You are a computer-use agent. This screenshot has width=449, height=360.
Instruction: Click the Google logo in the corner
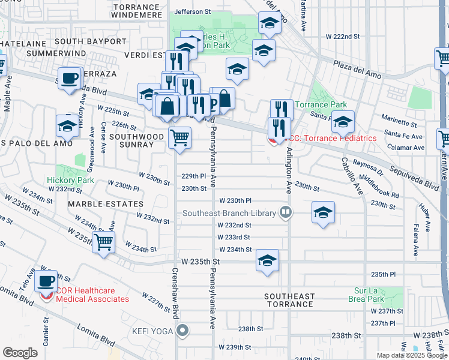(20, 353)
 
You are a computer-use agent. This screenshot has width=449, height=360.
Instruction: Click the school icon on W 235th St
(268, 260)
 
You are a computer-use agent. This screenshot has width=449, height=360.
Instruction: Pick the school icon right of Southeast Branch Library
(323, 212)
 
